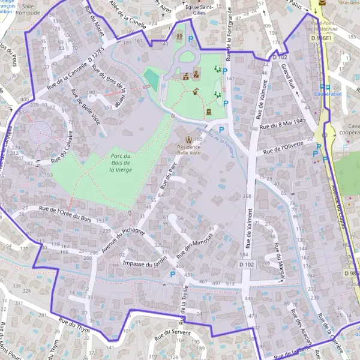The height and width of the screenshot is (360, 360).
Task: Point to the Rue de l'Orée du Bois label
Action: (x=65, y=212)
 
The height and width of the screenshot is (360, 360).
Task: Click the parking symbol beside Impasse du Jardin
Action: (x=173, y=275)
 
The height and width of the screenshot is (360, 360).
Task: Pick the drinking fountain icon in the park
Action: (x=196, y=91)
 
